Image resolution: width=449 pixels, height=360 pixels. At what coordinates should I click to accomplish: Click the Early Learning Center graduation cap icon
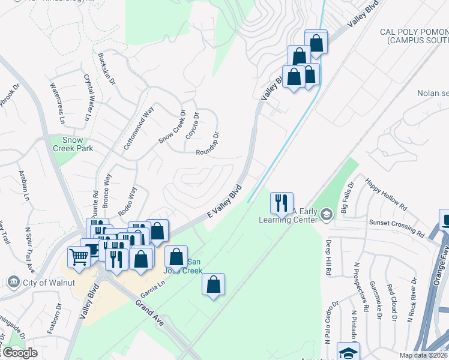pos(326,214)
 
